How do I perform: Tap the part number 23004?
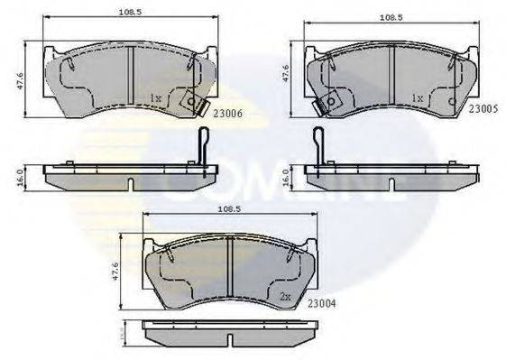click(x=323, y=304)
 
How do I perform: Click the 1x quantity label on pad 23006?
click(x=155, y=97)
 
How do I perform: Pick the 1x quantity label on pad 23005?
click(x=418, y=97)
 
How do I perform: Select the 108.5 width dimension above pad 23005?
click(x=391, y=14)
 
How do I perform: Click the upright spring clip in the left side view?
click(x=203, y=150)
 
